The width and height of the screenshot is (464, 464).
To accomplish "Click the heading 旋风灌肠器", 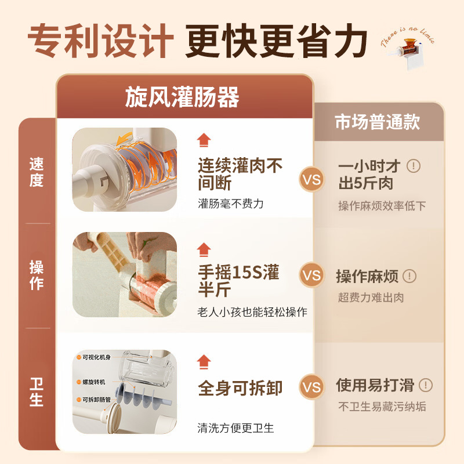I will pyautogui.click(x=182, y=97).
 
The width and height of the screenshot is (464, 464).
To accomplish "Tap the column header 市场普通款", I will pyautogui.click(x=377, y=122).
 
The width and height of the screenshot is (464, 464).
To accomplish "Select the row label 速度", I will pyautogui.click(x=37, y=172).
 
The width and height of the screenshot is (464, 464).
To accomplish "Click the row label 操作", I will pyautogui.click(x=37, y=275).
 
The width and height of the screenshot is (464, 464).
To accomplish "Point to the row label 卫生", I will pyautogui.click(x=37, y=392).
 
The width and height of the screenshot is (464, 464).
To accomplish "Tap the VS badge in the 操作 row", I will pyautogui.click(x=312, y=275).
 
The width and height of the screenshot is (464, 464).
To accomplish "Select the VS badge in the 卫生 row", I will pyautogui.click(x=312, y=387).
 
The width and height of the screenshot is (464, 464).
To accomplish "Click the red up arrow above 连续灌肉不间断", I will pyautogui.click(x=204, y=140).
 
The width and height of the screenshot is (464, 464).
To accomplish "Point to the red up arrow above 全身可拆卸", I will pyautogui.click(x=204, y=362).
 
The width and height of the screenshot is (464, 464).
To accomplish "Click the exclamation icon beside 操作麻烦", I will pyautogui.click(x=409, y=276).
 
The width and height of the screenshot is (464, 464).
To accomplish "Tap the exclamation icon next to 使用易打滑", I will pyautogui.click(x=425, y=385).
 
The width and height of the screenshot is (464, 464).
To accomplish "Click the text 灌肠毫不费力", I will pyautogui.click(x=231, y=204).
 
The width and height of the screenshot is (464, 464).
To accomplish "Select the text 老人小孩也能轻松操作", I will pyautogui.click(x=252, y=312).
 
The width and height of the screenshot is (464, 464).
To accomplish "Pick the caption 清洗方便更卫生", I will pyautogui.click(x=235, y=428).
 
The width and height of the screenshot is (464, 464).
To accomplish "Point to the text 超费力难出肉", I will pyautogui.click(x=371, y=298).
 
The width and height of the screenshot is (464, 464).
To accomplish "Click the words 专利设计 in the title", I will pyautogui.click(x=101, y=41).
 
